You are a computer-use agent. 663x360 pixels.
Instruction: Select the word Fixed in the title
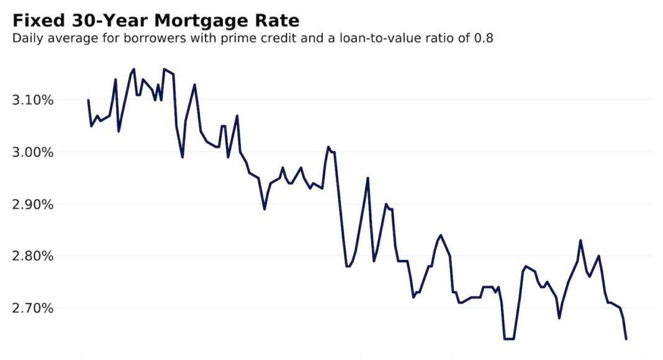(36, 20)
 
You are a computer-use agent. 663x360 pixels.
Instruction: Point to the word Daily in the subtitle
(27, 38)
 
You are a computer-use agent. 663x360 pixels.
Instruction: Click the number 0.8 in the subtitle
(484, 38)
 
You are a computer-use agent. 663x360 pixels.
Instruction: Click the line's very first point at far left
(88, 100)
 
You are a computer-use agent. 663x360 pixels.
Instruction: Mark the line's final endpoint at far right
(626, 339)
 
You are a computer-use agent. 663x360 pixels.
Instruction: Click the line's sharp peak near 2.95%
(368, 178)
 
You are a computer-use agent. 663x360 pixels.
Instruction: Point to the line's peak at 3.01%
(328, 147)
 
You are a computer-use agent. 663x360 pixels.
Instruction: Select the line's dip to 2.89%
(264, 209)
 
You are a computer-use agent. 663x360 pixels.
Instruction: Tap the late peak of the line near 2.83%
(580, 240)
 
